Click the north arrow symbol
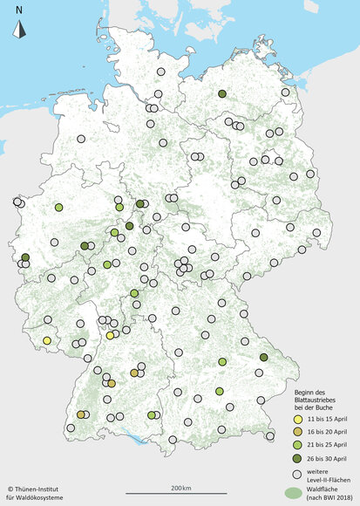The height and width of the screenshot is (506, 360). [x=19, y=31]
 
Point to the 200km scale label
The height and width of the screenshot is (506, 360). [x=180, y=487]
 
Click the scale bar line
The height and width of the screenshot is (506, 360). [x=180, y=495]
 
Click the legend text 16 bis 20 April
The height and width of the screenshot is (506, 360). [x=327, y=432]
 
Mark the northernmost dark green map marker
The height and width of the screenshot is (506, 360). [x=222, y=94]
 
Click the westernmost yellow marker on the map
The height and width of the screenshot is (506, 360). [x=46, y=340]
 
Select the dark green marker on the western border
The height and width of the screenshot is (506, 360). [x=25, y=257]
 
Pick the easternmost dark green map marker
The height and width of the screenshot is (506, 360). [x=265, y=358]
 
